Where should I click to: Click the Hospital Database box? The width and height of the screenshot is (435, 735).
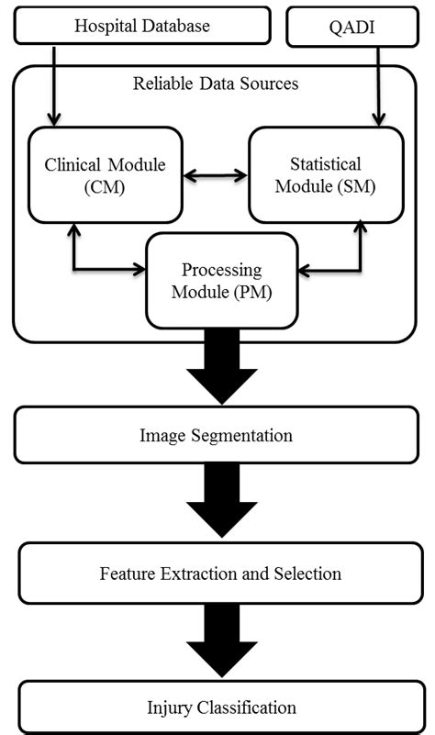tap(142, 26)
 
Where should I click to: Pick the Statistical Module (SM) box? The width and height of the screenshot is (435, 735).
tap(325, 174)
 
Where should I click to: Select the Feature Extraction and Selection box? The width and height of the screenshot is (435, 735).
tap(220, 574)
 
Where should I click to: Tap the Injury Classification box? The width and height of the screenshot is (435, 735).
tap(221, 707)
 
